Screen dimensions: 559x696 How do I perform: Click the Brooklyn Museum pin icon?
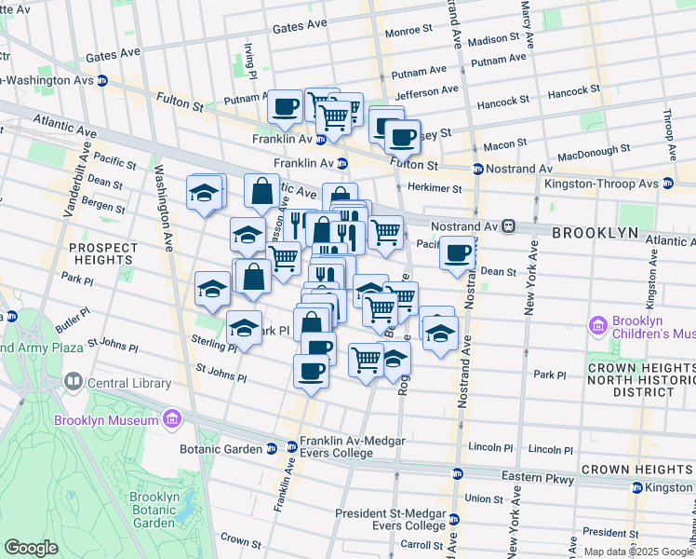(x=170, y=421)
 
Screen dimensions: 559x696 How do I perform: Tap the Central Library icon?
(x=74, y=382)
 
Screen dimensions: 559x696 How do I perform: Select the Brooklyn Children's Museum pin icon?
(x=598, y=327)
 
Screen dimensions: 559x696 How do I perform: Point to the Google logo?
(x=31, y=548)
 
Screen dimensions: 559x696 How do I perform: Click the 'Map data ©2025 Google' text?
(x=637, y=552)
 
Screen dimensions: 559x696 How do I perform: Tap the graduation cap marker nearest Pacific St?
(x=206, y=193)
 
